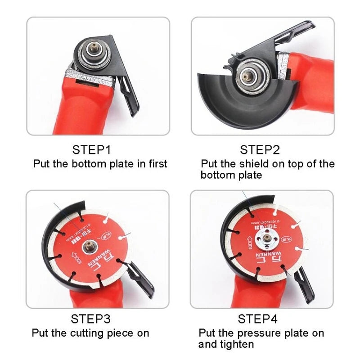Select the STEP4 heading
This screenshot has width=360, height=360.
pyautogui.click(x=258, y=319)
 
